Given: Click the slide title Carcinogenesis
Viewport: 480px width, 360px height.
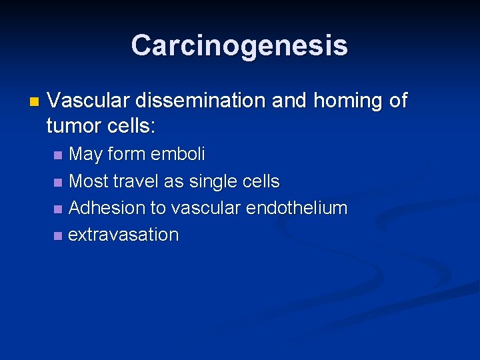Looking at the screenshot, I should (239, 45).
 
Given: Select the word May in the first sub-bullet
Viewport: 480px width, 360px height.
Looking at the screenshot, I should (86, 155).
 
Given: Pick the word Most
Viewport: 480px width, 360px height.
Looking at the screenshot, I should (89, 181).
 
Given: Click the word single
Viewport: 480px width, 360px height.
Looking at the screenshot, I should (214, 181).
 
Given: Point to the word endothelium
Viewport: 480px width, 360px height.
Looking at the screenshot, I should (297, 208).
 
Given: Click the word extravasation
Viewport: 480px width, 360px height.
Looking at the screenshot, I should (124, 235).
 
